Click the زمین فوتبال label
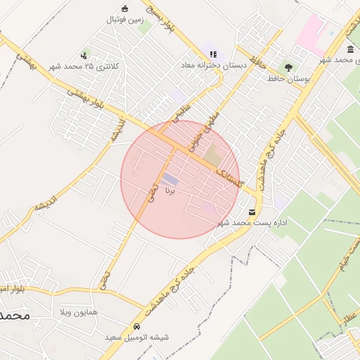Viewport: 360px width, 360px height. [x=125, y=20]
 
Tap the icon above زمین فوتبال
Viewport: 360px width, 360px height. [x=125, y=8]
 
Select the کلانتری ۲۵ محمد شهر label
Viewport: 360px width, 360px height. [x=84, y=66]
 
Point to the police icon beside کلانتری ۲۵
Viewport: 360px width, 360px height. [x=84, y=55]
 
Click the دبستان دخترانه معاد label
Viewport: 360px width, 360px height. [x=214, y=65]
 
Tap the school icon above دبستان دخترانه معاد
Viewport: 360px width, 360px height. [x=214, y=53]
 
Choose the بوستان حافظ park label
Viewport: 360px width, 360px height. [x=289, y=79]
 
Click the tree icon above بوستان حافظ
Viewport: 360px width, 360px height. [x=288, y=67]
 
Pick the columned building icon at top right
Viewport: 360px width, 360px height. [x=350, y=49]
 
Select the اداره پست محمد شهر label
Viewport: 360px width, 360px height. [x=252, y=223]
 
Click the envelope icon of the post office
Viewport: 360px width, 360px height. [x=252, y=212]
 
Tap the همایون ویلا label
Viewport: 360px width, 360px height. [x=94, y=311]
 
